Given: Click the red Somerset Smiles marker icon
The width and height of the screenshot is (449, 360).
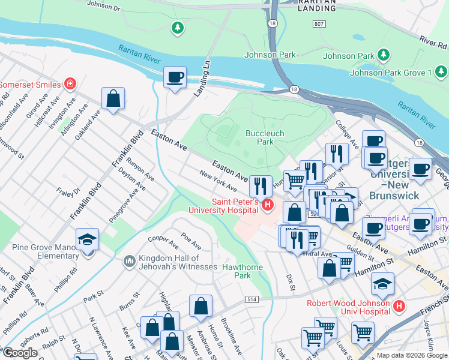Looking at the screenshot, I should click(x=70, y=83).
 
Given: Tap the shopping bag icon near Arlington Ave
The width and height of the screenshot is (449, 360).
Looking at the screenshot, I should click(x=113, y=98).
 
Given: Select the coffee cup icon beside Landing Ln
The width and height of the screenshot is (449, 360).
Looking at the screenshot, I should click(x=175, y=77).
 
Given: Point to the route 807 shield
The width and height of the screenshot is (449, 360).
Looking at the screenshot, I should click(x=318, y=23).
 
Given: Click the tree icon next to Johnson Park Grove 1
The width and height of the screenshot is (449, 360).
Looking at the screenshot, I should click(x=384, y=56).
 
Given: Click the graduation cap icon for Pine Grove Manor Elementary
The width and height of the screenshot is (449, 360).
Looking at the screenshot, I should click(x=88, y=239).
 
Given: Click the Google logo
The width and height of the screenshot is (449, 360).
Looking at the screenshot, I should click(x=20, y=353).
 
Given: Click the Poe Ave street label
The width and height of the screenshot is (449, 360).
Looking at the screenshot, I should click(x=191, y=242).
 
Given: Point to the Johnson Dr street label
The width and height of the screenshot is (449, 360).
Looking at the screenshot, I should click(x=103, y=6).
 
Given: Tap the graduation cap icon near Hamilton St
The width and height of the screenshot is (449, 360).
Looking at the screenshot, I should click(x=382, y=283).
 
